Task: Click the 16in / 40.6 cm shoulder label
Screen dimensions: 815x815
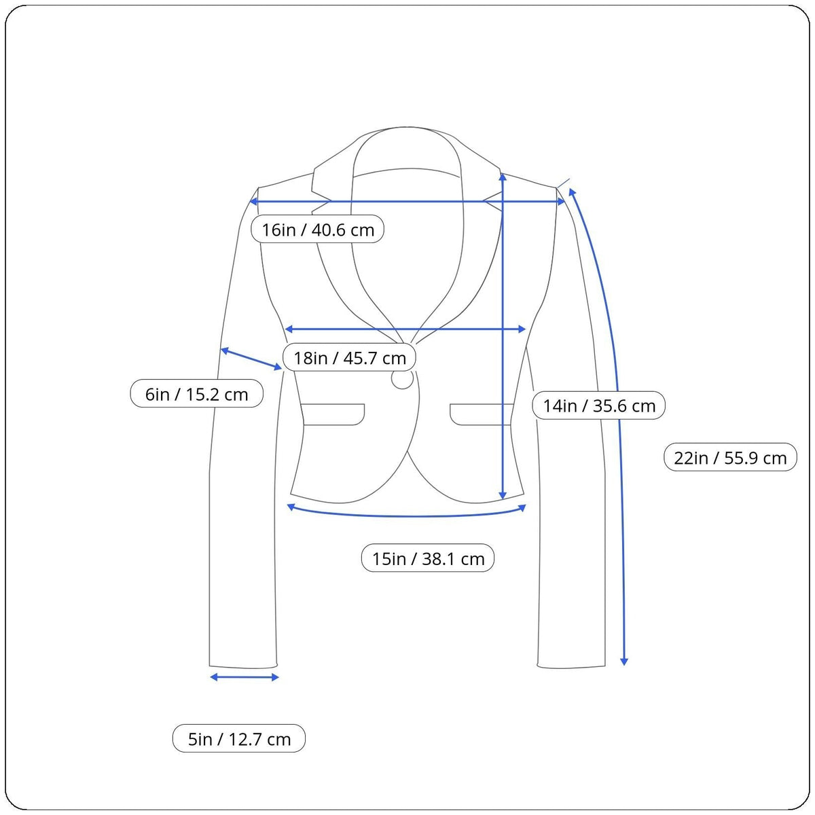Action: coord(317,230)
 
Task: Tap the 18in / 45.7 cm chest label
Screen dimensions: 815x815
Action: coord(349,357)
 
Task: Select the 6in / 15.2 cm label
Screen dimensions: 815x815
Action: coord(197,394)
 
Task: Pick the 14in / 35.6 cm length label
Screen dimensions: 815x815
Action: coord(598,405)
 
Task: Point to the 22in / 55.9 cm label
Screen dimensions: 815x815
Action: coord(730,458)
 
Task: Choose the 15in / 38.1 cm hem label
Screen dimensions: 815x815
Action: coord(428,558)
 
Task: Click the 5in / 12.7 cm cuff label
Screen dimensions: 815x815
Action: coord(239,739)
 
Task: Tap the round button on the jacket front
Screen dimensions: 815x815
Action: coord(402,378)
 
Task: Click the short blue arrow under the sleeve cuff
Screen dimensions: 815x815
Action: coord(244,677)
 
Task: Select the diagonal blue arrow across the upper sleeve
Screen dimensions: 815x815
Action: coord(251,359)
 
